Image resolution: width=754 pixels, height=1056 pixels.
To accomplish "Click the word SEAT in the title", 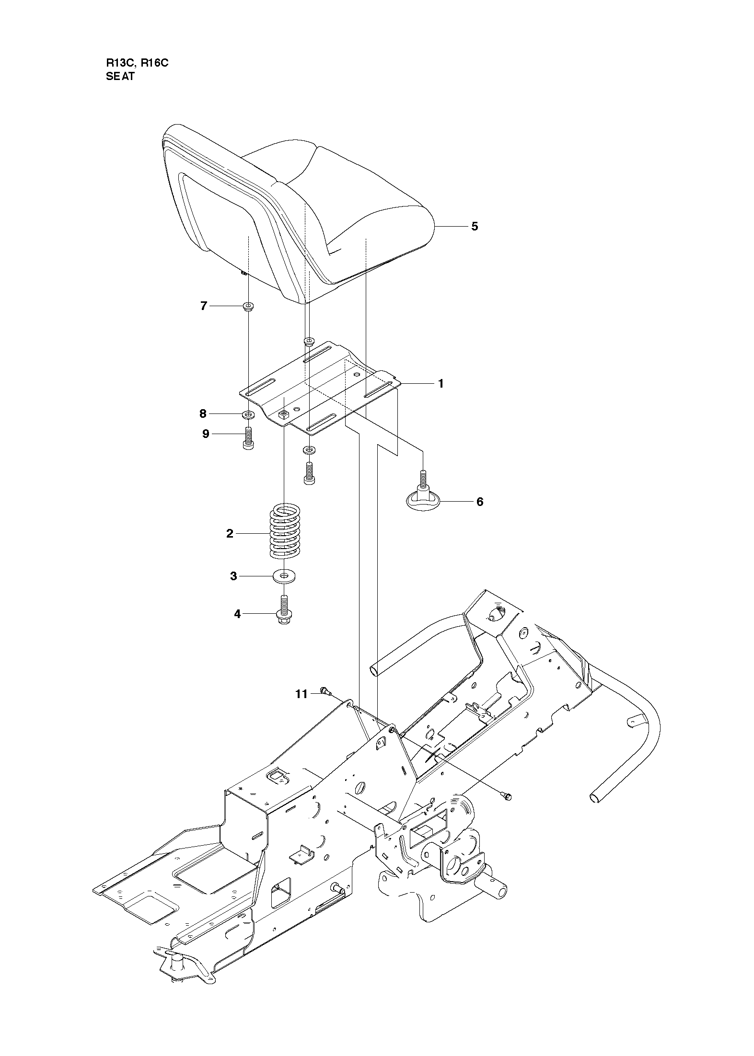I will point(120,76).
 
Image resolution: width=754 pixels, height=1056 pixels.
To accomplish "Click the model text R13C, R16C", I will point(137,63).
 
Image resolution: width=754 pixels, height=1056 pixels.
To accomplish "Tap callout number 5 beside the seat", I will point(474,226).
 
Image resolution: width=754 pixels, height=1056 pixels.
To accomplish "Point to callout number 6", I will point(479,502).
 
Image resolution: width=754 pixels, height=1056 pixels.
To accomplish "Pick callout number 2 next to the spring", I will point(230,533).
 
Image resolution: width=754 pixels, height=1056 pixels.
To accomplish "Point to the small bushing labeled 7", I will point(248,306).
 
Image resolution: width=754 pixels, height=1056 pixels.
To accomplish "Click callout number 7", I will point(203,306).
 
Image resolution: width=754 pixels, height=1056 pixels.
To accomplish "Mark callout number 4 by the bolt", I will point(237,613).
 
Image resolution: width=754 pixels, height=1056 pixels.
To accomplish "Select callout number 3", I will point(233,575).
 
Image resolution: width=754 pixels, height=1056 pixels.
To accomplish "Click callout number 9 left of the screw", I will point(206,434).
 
